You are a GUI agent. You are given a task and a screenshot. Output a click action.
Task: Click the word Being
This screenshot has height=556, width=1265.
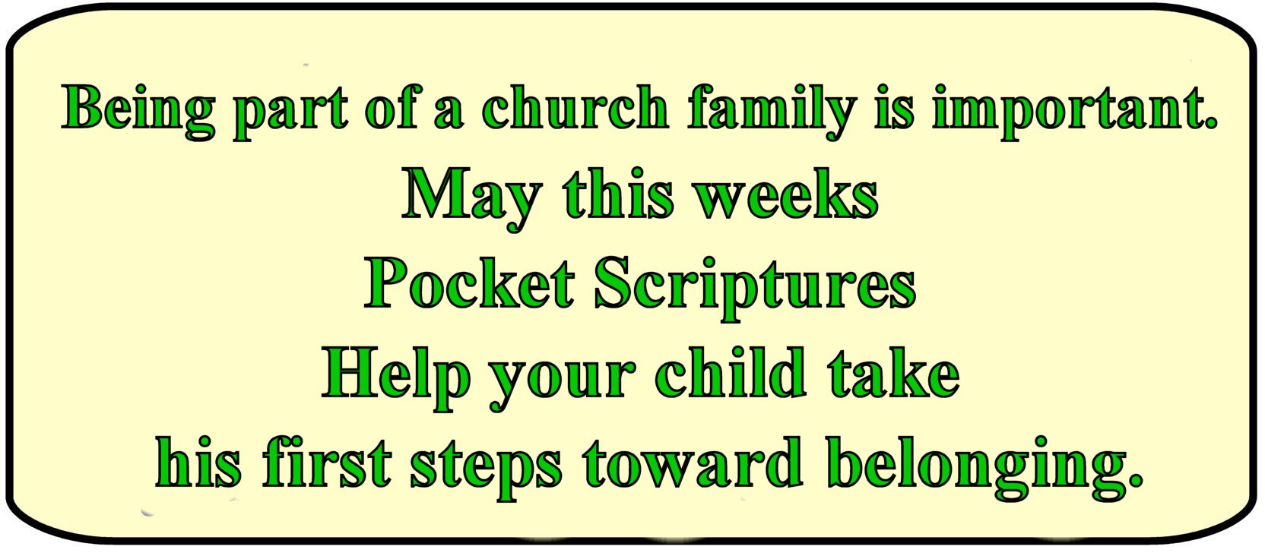[x=138, y=111]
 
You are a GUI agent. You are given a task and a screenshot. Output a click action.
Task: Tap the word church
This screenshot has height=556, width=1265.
[x=575, y=106]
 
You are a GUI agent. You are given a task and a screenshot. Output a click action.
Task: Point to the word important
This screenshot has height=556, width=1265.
[x=1074, y=111]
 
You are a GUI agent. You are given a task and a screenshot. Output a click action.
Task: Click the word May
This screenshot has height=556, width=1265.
[x=471, y=199]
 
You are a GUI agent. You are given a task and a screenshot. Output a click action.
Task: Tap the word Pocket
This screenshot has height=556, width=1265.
[x=469, y=283]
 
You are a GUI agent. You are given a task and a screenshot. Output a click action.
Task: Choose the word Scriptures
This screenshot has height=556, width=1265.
[x=755, y=288]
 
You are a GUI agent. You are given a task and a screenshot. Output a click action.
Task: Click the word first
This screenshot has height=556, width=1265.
[x=327, y=462]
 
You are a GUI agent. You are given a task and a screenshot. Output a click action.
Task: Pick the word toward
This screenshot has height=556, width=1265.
[x=693, y=462]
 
